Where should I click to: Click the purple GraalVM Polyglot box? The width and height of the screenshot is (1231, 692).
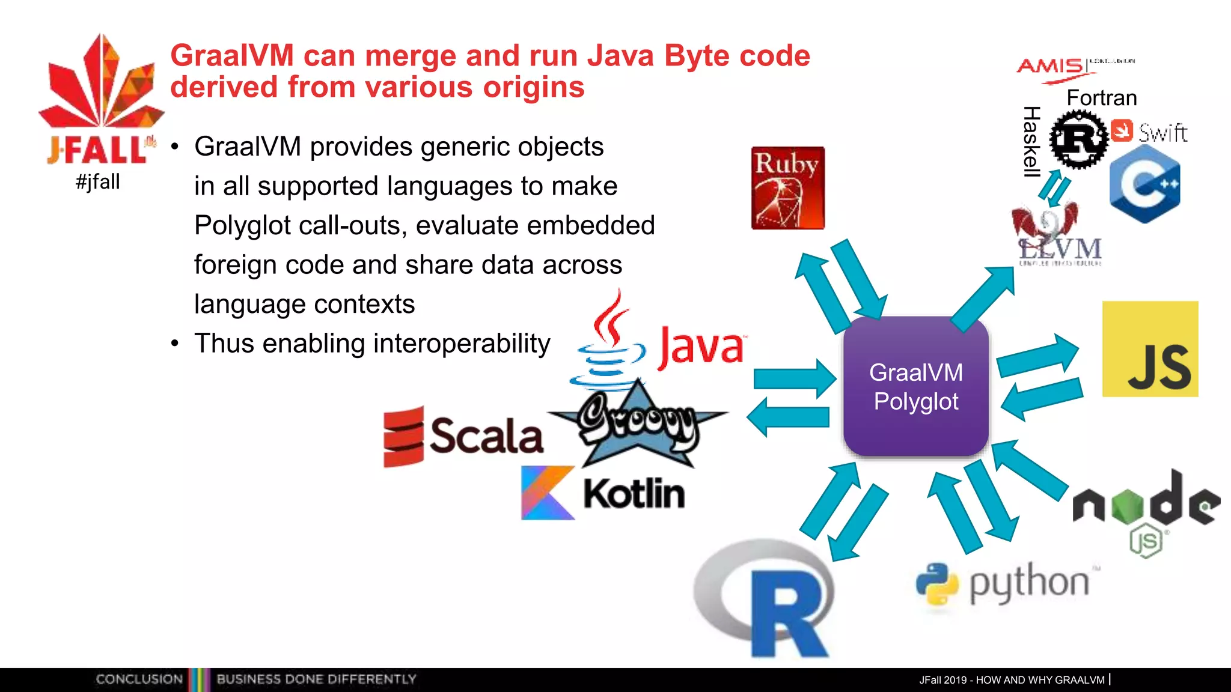tap(915, 386)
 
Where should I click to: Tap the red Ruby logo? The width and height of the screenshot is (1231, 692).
tap(787, 187)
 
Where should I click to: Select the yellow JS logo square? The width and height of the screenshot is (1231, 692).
tap(1150, 349)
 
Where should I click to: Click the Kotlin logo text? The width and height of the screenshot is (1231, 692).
tap(634, 494)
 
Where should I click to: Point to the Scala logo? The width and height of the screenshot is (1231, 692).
tap(464, 436)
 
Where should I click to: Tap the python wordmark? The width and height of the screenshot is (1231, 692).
tap(1029, 583)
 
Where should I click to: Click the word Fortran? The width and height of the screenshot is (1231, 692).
tap(1101, 98)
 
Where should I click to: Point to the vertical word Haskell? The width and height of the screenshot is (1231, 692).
tap(1031, 142)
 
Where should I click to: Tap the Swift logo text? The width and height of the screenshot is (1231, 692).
tap(1162, 133)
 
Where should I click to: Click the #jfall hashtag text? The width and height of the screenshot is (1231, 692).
tap(98, 181)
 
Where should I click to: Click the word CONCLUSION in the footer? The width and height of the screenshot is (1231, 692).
tap(139, 679)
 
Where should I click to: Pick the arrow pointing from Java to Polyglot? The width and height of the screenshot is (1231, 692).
tap(794, 378)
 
